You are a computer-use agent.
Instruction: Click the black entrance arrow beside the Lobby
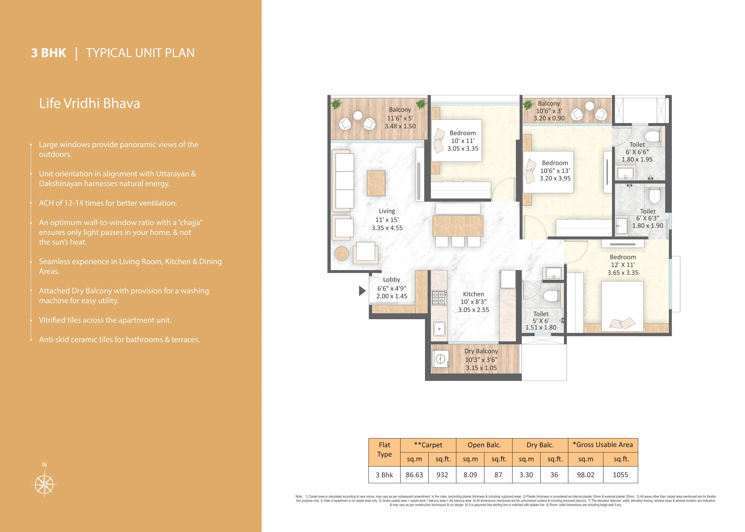click(x=362, y=291)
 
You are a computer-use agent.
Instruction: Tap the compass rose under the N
click(x=44, y=484)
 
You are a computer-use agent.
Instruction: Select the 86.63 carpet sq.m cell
click(x=414, y=475)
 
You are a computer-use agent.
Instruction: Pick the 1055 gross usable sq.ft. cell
click(x=620, y=475)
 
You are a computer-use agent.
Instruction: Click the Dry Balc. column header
click(x=540, y=445)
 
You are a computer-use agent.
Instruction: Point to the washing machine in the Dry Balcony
click(x=440, y=359)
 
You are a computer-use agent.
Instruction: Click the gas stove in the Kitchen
click(x=439, y=298)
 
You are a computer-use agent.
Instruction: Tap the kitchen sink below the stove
click(x=439, y=328)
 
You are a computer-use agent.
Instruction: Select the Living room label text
click(x=387, y=211)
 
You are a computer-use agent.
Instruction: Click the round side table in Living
click(x=341, y=254)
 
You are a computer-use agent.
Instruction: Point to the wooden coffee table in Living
click(x=376, y=183)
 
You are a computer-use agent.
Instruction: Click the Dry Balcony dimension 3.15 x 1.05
click(x=481, y=368)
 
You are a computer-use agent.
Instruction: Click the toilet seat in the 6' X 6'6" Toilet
click(x=654, y=136)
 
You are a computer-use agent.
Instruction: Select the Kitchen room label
click(x=473, y=294)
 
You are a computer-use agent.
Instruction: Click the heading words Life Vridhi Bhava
click(x=89, y=103)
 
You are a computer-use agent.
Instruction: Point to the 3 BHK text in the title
click(x=48, y=53)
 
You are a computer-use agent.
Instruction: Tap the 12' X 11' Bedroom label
click(x=623, y=265)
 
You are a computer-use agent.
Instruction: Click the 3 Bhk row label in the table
click(x=384, y=475)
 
